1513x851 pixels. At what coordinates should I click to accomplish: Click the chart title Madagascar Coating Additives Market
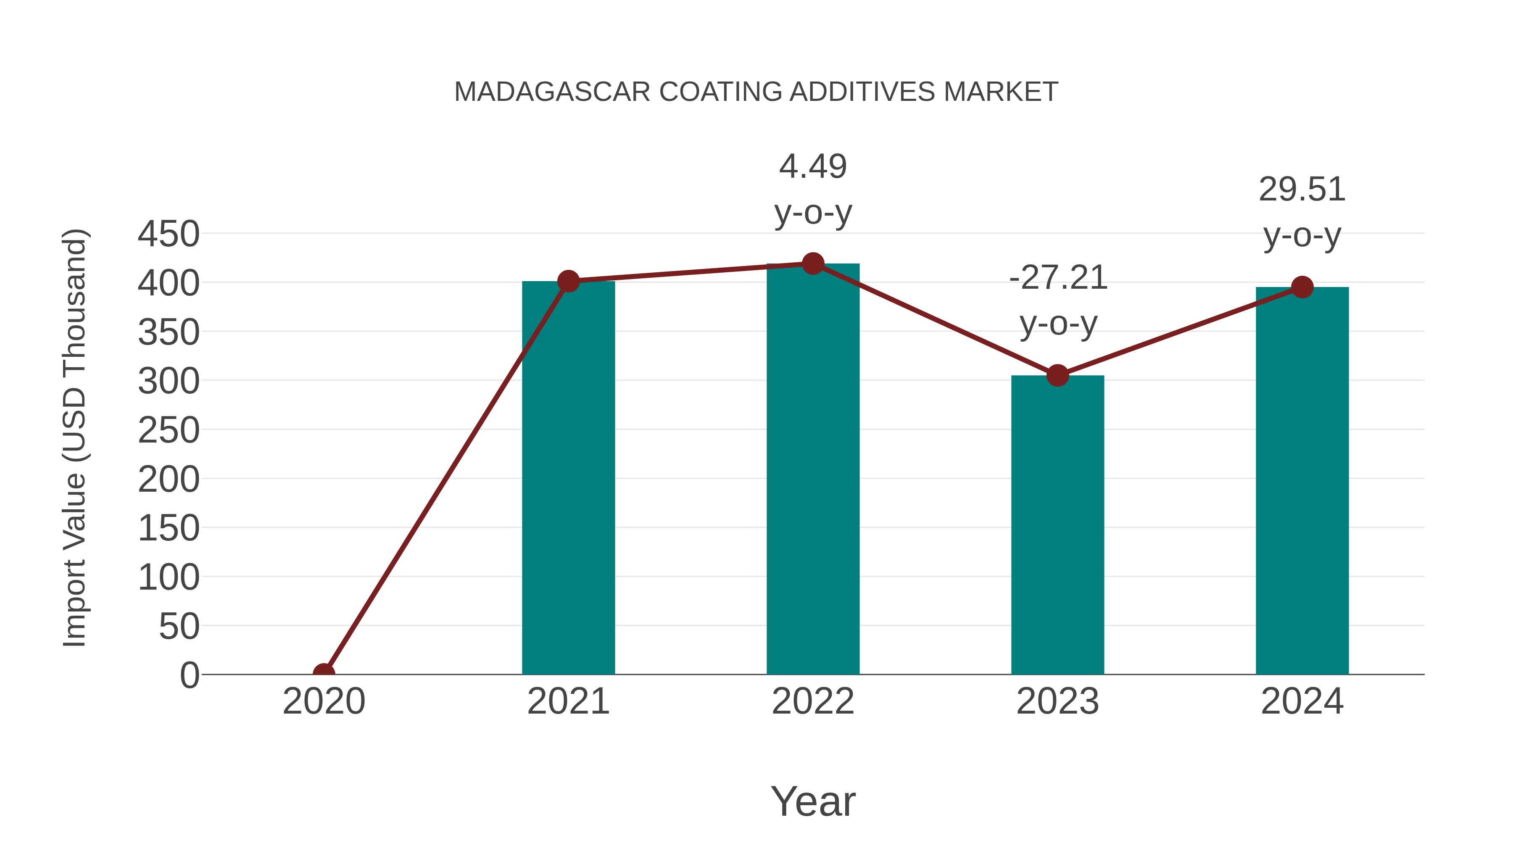756,92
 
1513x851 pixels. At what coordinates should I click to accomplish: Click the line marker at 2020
324,673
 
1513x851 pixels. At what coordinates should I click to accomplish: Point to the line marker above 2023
1057,375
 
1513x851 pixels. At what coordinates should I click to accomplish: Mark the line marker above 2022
813,263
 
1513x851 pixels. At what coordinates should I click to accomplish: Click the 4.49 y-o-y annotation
813,189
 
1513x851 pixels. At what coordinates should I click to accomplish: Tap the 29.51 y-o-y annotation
1302,212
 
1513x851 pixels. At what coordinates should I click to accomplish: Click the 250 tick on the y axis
169,430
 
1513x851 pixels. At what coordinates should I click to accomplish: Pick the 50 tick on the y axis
179,626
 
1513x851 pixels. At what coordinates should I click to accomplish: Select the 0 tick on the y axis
190,675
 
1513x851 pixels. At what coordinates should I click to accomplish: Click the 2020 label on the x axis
324,701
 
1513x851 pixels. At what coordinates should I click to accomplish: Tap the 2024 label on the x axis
1302,701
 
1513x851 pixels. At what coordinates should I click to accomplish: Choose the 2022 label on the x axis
813,701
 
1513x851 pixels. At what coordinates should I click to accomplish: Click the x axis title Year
813,801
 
